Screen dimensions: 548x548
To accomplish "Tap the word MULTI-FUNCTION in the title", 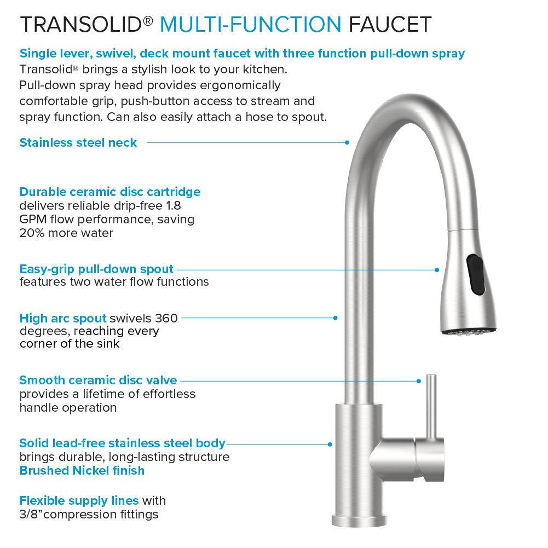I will point(250,25).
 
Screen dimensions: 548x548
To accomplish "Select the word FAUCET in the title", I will point(390,25).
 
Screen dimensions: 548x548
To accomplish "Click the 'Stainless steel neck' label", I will point(78,143).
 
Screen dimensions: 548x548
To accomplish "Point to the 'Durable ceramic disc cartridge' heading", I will point(109,192).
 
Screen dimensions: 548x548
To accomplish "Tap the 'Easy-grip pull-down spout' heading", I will point(96,269).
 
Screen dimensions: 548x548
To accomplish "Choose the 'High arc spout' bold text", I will point(63,318).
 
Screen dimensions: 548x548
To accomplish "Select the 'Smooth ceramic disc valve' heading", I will point(98,380).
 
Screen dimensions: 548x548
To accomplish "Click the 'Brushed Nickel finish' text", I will point(82,470).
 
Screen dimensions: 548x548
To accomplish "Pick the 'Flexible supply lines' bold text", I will point(79,500).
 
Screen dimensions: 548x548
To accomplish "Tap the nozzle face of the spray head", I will point(469,331).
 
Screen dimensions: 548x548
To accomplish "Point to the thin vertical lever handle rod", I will point(431,402).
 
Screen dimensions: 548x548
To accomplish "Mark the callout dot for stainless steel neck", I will point(347,142).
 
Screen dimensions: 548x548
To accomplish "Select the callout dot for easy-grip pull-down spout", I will point(437,269).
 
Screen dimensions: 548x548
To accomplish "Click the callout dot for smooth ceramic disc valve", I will point(419,380).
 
